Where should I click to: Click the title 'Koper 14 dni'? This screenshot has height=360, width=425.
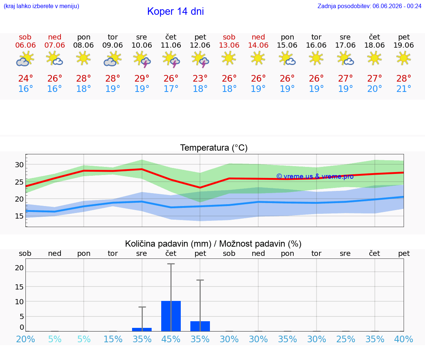pyautogui.click(x=175, y=11)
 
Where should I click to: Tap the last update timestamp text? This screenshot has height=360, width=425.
pyautogui.click(x=369, y=6)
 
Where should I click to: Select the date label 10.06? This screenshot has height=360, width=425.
pyautogui.click(x=142, y=45)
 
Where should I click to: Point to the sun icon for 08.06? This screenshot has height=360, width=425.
pyautogui.click(x=83, y=59)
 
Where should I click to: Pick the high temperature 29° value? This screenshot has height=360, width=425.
pyautogui.click(x=142, y=78)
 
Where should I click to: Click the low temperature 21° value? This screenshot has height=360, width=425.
pyautogui.click(x=404, y=89)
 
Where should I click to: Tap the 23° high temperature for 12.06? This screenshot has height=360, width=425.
pyautogui.click(x=200, y=78)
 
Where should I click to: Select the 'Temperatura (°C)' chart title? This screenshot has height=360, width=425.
pyautogui.click(x=214, y=148)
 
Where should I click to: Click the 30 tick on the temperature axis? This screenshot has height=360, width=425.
pyautogui.click(x=19, y=165)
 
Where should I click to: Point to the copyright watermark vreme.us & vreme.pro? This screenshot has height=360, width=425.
pyautogui.click(x=315, y=176)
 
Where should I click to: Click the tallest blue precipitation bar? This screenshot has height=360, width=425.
pyautogui.click(x=171, y=316)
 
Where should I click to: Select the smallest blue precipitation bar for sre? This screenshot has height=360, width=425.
pyautogui.click(x=142, y=330)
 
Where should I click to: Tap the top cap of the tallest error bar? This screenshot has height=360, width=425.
pyautogui.click(x=171, y=264)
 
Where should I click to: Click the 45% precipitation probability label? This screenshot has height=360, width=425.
pyautogui.click(x=171, y=339)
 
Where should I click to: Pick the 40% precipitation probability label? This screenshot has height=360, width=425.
pyautogui.click(x=404, y=339)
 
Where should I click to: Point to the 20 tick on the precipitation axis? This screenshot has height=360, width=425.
pyautogui.click(x=19, y=268)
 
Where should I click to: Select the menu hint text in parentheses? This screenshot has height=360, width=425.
pyautogui.click(x=41, y=6)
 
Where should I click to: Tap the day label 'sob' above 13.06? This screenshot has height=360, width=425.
pyautogui.click(x=229, y=37)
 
